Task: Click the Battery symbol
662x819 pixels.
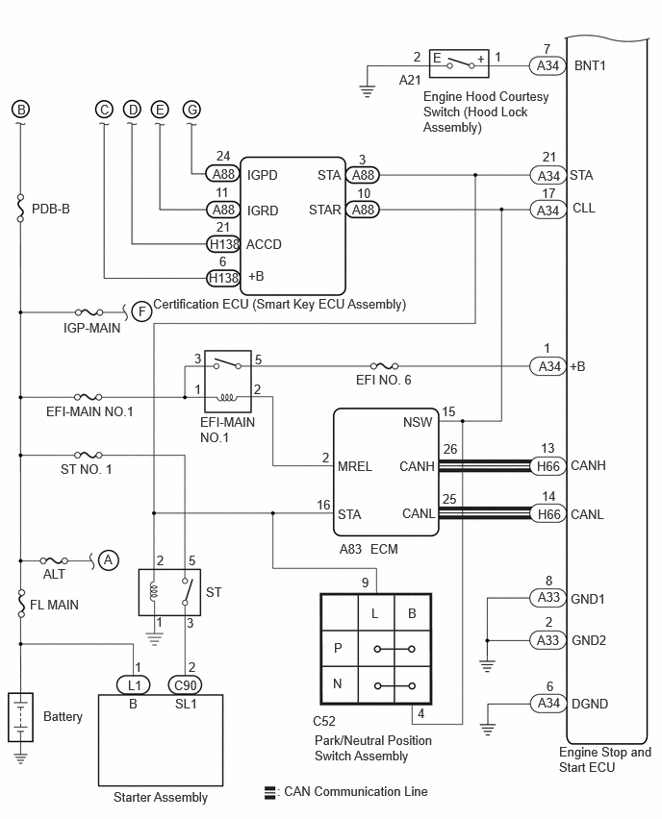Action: point(20,717)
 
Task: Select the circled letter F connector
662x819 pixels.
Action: point(141,311)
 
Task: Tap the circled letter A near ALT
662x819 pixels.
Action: point(108,560)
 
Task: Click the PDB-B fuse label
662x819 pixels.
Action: point(51,209)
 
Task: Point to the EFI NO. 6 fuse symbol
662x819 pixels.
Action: point(384,366)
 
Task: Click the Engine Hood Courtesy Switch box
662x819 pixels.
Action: point(459,63)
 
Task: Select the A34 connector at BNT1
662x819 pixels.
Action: point(547,65)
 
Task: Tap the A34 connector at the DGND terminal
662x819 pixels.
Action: point(548,703)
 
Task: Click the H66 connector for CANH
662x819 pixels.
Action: point(548,466)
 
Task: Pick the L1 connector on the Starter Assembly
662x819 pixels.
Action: point(134,684)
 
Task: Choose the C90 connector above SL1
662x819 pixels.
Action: point(185,684)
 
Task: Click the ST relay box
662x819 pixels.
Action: point(169,592)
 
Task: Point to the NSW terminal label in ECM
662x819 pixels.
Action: point(418,422)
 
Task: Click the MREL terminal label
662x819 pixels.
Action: point(354,466)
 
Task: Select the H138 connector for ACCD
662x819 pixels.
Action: point(224,244)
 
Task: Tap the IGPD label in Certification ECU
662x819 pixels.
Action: point(262,175)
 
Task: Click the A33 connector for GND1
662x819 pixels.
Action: point(548,597)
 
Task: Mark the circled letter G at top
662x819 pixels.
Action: point(191,110)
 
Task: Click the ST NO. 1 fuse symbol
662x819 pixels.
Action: point(89,455)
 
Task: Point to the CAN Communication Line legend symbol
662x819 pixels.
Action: point(269,792)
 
